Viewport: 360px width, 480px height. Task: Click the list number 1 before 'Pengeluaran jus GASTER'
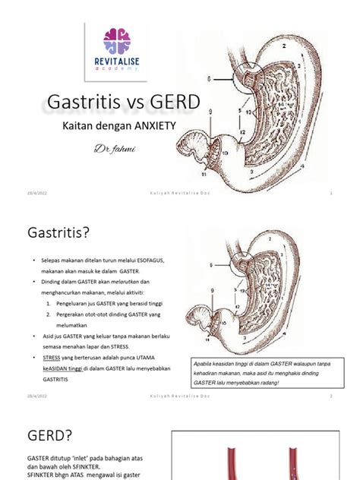coord(48,302)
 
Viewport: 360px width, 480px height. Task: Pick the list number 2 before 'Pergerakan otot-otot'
coord(48,313)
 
